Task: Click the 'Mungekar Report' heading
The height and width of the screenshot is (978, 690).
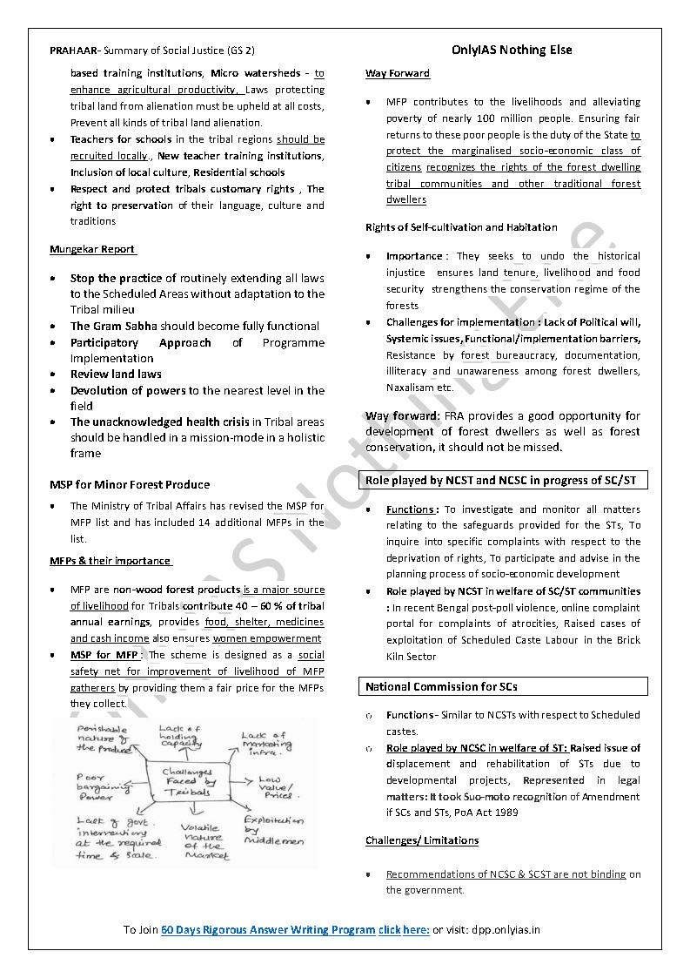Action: click(92, 249)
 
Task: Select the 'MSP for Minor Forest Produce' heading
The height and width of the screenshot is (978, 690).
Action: click(130, 484)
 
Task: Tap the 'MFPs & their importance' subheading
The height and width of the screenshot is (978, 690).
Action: click(110, 561)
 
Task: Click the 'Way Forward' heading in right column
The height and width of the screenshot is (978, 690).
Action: click(398, 73)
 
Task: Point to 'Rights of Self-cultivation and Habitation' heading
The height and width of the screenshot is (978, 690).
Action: click(461, 227)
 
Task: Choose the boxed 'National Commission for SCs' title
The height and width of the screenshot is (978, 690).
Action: click(441, 686)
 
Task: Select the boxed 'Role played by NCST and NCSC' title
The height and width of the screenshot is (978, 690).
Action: click(500, 481)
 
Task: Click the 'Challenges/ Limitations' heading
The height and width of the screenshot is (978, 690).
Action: click(422, 840)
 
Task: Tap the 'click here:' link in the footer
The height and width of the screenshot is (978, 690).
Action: click(404, 929)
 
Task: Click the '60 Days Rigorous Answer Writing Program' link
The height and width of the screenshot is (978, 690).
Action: click(268, 929)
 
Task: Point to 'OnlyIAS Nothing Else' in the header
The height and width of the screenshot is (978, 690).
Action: click(512, 50)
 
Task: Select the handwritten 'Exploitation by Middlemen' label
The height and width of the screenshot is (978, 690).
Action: click(273, 830)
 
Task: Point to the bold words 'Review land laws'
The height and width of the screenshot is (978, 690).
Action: click(116, 374)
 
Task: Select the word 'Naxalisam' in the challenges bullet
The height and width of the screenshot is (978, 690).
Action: click(409, 388)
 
